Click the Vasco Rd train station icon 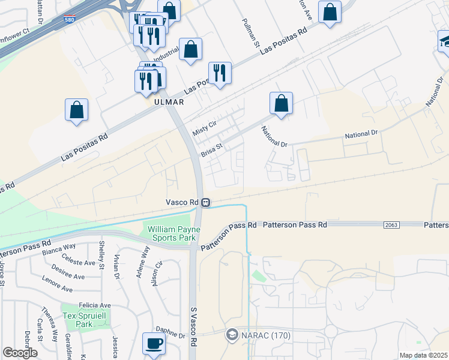point(205,202)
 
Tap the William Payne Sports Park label point(173,232)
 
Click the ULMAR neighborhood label point(166,102)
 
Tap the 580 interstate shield point(70,21)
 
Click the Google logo point(20,353)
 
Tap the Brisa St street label point(212,149)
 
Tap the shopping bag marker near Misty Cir point(281,103)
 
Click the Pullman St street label point(250,33)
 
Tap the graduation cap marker point(444,41)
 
